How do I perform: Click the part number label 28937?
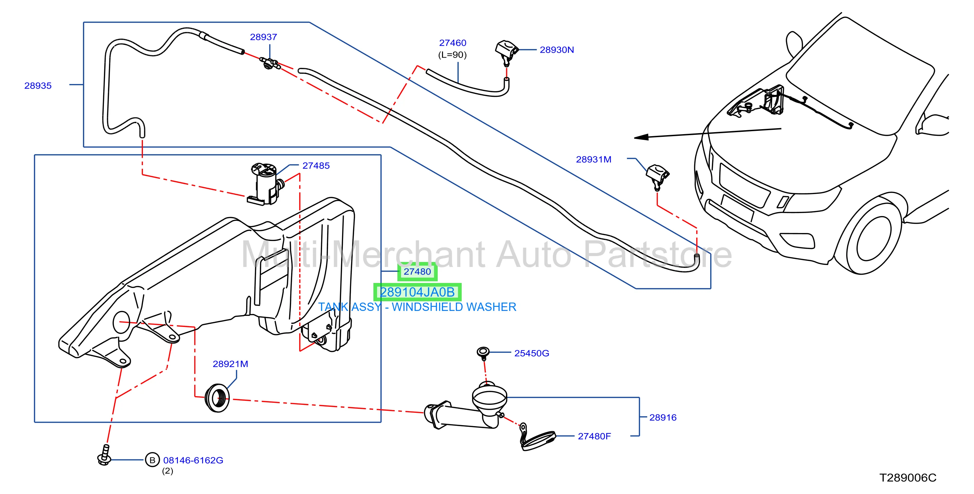pos(263,37)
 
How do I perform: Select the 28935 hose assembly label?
pos(38,86)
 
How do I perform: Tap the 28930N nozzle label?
pos(556,50)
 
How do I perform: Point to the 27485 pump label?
pos(316,165)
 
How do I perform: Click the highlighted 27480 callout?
pos(417,271)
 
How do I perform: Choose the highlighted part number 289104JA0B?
pos(417,292)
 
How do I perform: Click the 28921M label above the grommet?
pos(230,364)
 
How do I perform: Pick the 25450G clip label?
pos(531,354)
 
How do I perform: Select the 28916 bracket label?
pos(663,418)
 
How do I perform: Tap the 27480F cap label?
pos(594,436)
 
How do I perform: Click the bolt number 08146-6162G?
pos(193,460)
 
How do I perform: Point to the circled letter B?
pos(152,460)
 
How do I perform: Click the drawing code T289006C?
pos(907,478)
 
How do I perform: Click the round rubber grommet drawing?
pos(217,398)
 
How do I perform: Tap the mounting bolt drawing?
pos(104,455)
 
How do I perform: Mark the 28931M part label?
pos(593,159)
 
